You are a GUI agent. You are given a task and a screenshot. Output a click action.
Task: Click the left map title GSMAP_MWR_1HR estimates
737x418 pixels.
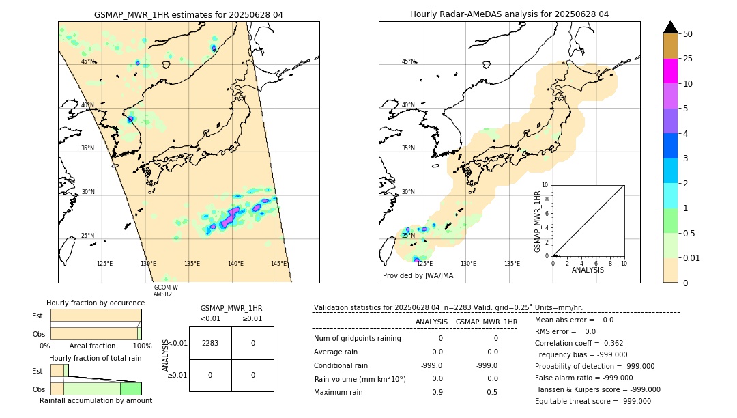[188, 14]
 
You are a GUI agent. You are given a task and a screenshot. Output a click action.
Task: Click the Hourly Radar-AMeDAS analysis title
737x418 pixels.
[509, 14]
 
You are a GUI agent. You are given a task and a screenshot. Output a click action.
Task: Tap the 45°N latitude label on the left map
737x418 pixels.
[88, 61]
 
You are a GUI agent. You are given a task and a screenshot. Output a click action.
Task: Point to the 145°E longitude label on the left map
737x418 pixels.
[278, 264]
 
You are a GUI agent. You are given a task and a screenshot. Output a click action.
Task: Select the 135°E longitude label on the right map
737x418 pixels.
[512, 264]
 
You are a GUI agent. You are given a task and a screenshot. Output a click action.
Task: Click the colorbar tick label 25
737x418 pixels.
[688, 59]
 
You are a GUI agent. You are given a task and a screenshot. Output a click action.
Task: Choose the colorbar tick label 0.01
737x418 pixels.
[692, 257]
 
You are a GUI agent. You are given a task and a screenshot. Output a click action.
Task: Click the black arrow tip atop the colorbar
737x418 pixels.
[671, 27]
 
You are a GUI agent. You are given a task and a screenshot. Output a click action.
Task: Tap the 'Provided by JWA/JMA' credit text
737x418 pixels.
[418, 276]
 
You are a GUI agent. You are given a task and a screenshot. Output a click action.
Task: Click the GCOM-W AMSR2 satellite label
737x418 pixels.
[166, 291]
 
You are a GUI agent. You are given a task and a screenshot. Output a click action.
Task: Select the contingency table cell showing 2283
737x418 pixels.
[210, 343]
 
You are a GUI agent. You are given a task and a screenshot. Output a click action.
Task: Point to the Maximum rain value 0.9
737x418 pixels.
[437, 392]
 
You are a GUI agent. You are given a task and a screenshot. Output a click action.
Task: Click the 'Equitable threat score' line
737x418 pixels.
[592, 401]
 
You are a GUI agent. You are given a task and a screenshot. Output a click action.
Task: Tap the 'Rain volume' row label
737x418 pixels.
[360, 379]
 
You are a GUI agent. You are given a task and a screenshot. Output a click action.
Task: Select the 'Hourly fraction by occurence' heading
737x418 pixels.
[96, 303]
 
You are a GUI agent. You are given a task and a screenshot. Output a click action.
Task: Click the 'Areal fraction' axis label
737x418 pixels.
[92, 346]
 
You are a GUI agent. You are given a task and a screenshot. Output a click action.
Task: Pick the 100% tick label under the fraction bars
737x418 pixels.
[141, 346]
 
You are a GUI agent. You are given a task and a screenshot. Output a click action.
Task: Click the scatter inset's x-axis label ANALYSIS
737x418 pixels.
[588, 270]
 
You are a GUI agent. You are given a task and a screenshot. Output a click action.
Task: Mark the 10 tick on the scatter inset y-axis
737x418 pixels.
[545, 185]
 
